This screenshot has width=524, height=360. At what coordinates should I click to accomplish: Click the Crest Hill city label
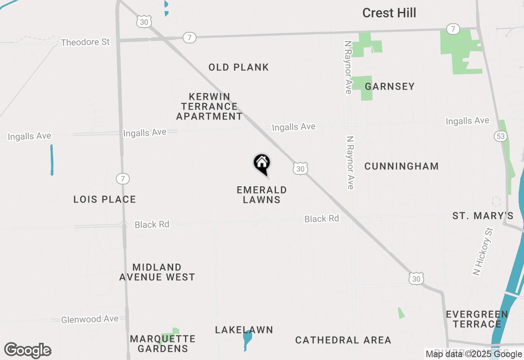point(389,13)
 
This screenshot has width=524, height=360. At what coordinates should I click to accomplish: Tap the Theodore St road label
point(85,42)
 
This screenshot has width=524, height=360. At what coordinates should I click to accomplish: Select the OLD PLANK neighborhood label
point(239,67)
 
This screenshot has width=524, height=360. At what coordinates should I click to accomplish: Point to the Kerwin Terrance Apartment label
point(209,106)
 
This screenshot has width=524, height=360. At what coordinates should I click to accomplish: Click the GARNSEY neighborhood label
point(390,86)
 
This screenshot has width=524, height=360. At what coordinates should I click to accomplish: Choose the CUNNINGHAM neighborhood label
point(401,166)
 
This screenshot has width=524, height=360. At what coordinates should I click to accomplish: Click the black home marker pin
point(262,164)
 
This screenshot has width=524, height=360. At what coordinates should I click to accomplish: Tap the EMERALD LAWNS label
point(262,195)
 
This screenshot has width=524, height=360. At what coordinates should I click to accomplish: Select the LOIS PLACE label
point(104,199)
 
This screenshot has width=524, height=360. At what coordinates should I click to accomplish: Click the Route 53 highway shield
point(501,136)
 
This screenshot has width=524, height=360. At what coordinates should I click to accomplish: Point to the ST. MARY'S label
point(483,216)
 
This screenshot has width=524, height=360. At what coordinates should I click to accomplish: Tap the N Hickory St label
point(483,252)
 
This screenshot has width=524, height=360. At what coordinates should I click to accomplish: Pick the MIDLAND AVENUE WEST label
point(157,272)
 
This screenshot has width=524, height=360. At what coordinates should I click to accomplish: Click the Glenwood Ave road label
point(90,319)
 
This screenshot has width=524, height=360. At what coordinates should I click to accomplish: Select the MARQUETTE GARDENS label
point(163,344)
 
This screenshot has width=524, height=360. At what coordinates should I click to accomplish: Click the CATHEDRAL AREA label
point(343,340)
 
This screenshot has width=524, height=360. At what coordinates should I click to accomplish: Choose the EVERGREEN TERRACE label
point(477,319)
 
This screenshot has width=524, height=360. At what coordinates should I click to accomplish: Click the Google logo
point(27,350)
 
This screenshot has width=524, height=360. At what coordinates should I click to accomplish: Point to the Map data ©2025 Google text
point(474,354)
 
